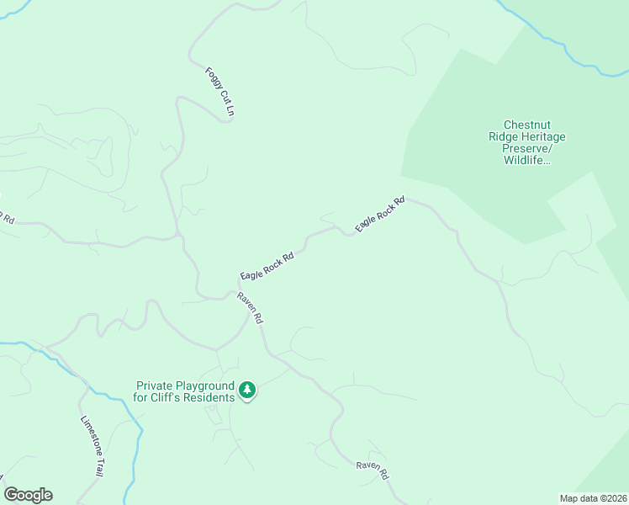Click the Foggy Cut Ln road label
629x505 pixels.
point(219,92)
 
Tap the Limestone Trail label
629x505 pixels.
point(91,447)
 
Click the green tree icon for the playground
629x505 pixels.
point(246,390)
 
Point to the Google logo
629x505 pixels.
point(28,495)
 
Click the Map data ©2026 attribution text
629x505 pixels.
point(593,497)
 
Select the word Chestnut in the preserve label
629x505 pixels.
point(527,125)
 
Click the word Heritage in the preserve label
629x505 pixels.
point(543,136)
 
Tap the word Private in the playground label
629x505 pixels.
point(156,385)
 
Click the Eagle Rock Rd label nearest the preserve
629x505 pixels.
point(380,214)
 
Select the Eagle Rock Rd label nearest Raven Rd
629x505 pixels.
point(267,265)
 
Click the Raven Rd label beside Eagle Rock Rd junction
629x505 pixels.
point(251,308)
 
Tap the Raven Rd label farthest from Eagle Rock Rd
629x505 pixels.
point(373,470)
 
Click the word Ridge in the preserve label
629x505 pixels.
point(503,136)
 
